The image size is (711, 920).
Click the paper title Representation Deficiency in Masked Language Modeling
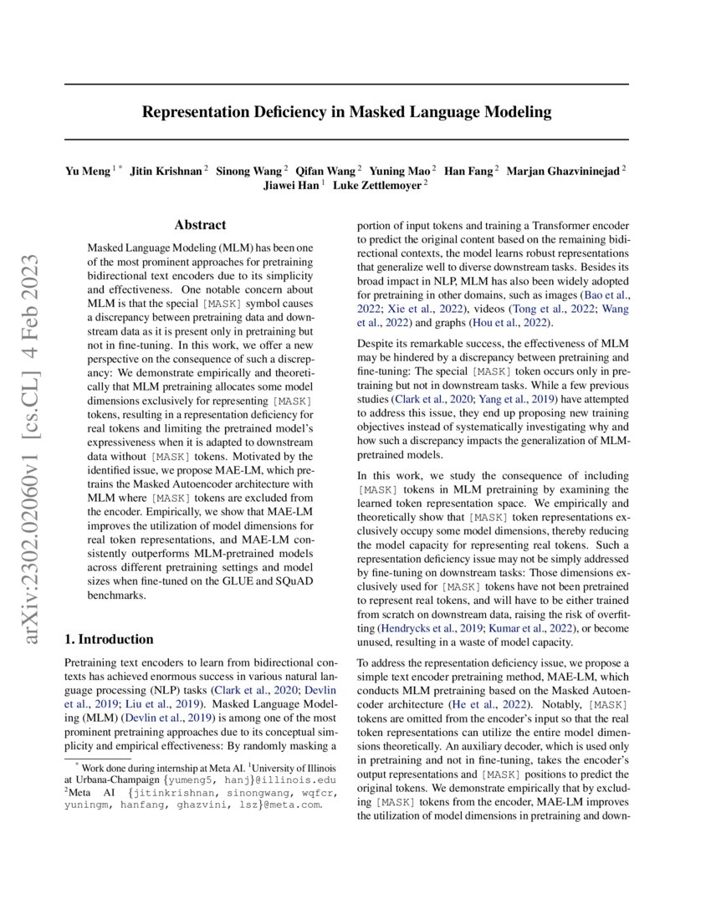coord(346,111)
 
